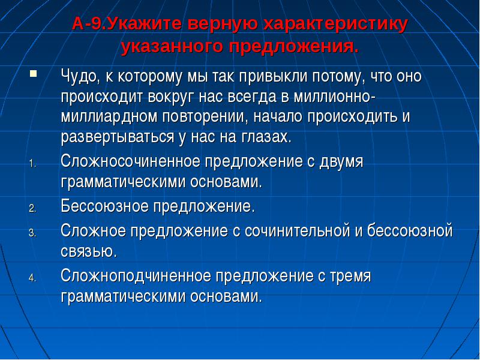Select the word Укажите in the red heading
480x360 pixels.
point(144,24)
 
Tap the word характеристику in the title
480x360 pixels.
point(335,25)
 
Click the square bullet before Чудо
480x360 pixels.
point(33,73)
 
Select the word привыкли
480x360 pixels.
point(273,77)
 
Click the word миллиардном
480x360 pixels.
point(109,117)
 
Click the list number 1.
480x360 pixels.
point(32,164)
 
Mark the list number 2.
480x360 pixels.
point(32,209)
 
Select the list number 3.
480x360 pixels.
point(32,233)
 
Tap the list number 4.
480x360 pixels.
point(32,278)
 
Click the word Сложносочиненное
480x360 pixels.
point(130,161)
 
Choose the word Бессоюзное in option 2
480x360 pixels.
point(104,206)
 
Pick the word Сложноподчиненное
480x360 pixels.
point(136,275)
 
